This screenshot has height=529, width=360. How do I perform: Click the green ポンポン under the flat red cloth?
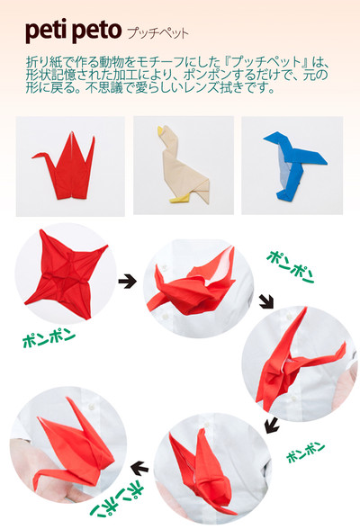click(x=47, y=339)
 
